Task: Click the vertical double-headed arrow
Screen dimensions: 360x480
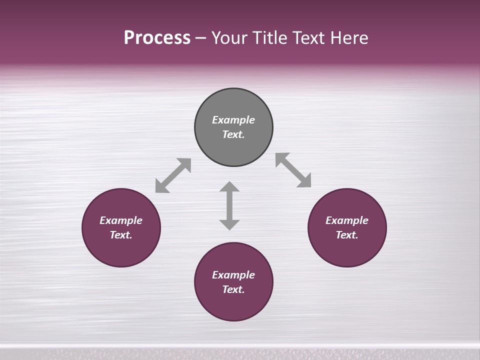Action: pyautogui.click(x=229, y=206)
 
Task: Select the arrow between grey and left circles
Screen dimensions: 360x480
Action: pyautogui.click(x=173, y=175)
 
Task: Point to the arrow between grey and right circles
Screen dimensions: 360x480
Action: pyautogui.click(x=293, y=170)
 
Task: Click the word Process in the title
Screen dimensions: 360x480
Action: pyautogui.click(x=157, y=38)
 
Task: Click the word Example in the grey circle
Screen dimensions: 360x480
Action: pyautogui.click(x=233, y=120)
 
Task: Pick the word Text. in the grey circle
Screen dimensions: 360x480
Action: pyautogui.click(x=233, y=134)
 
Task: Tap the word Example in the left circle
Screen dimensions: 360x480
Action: pyautogui.click(x=121, y=220)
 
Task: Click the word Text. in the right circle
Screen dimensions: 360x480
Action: pyautogui.click(x=347, y=235)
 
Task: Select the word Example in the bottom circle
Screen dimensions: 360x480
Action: pyautogui.click(x=233, y=275)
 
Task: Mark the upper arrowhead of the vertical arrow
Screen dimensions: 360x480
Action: pyautogui.click(x=229, y=187)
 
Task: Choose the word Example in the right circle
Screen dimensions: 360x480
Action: pyautogui.click(x=347, y=220)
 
